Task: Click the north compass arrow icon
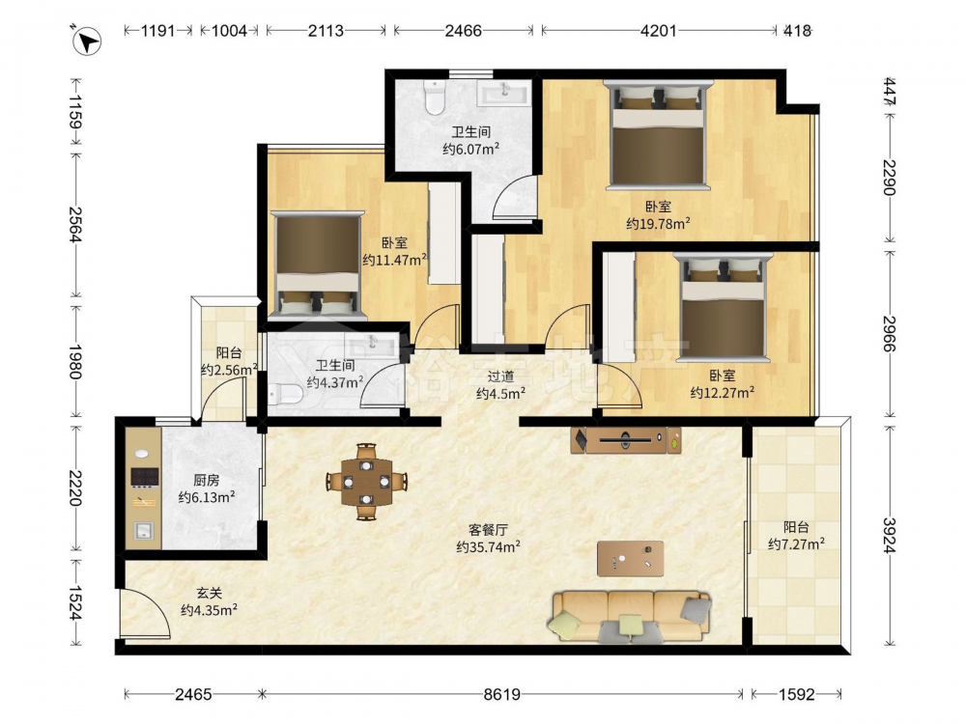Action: click(87, 42)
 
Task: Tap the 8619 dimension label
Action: click(501, 694)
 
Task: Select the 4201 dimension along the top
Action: click(659, 30)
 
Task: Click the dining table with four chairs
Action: click(366, 482)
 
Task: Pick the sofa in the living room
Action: click(629, 616)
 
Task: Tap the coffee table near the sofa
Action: click(630, 558)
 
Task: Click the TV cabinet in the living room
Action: click(625, 440)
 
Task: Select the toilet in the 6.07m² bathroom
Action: click(435, 97)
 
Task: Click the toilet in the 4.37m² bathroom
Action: click(285, 394)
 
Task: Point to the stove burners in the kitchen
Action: click(145, 477)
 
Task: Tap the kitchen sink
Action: click(144, 530)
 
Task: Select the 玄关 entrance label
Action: click(209, 593)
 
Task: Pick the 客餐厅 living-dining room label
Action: click(488, 529)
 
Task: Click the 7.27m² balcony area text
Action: click(796, 544)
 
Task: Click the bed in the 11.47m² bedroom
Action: click(318, 265)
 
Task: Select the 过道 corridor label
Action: click(500, 376)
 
